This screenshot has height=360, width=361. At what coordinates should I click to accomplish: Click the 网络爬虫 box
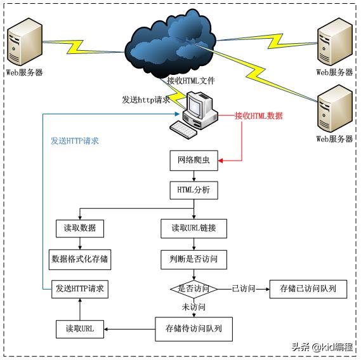[194, 161]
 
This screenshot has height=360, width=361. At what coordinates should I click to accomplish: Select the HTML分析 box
[194, 190]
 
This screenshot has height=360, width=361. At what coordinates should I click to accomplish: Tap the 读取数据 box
[80, 229]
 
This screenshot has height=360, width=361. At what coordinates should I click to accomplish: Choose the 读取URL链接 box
[194, 229]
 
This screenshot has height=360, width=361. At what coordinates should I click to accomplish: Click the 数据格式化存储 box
[80, 260]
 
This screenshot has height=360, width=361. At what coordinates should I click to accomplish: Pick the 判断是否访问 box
[194, 260]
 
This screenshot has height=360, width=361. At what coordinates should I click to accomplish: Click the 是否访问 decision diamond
[194, 289]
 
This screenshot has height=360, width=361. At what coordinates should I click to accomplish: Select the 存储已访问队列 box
[308, 289]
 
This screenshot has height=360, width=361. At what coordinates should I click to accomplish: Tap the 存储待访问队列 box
[194, 329]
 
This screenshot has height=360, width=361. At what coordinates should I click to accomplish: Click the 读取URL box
[80, 329]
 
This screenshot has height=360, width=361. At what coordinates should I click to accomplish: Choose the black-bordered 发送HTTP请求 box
[80, 289]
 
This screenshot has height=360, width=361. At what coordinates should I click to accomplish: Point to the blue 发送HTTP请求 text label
[75, 141]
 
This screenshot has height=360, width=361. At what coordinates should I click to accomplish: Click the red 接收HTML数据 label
[259, 116]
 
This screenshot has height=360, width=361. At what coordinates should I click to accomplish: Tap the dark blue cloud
[171, 44]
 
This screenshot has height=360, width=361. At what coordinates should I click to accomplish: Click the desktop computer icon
[194, 114]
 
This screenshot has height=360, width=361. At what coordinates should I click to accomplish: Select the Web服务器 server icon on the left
[25, 42]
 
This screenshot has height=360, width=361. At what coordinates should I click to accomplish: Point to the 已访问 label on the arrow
[244, 288]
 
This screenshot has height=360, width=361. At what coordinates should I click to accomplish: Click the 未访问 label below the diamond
[194, 307]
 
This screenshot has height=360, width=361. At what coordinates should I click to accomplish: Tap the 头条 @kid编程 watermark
[322, 347]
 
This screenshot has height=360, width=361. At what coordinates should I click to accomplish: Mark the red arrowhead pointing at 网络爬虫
[221, 161]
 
